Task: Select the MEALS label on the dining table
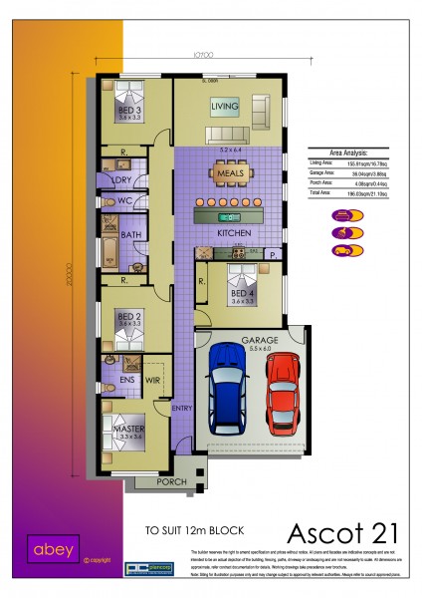point(230,173)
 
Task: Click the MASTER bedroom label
point(129,429)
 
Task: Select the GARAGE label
point(260,341)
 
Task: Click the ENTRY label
point(181,409)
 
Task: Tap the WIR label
point(153,379)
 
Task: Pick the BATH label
point(131,235)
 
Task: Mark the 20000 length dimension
point(70,275)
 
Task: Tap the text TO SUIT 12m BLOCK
point(194,530)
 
